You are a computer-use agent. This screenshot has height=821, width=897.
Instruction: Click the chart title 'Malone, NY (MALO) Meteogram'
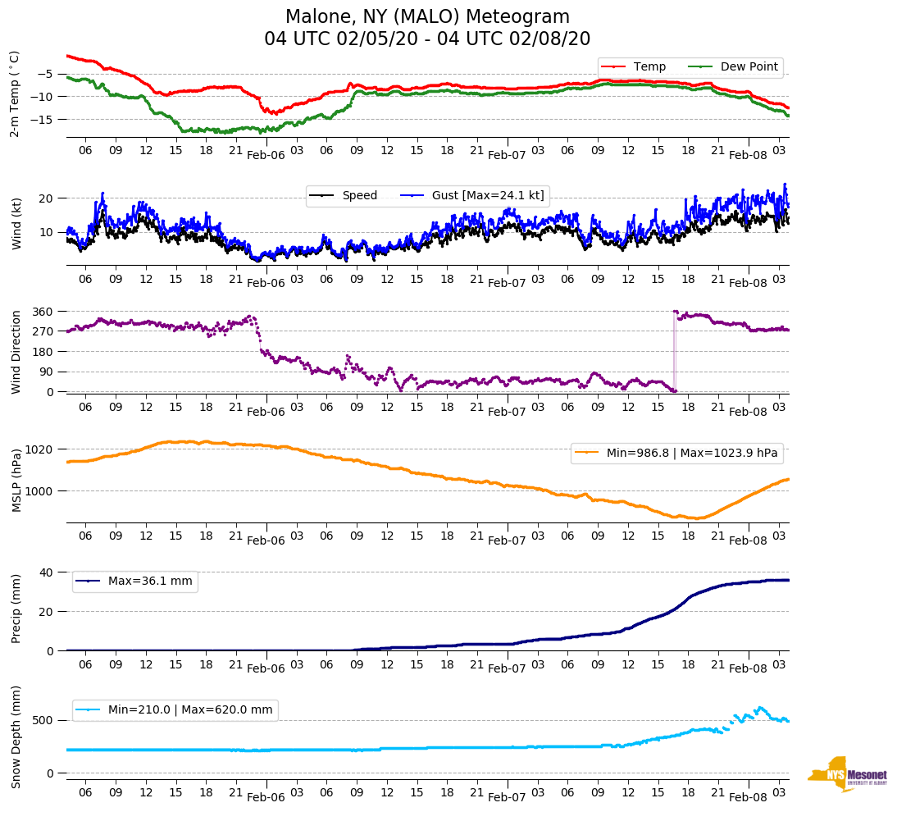point(427,17)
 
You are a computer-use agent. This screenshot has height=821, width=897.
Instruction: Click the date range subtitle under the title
point(427,39)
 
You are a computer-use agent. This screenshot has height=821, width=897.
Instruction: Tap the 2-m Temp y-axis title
point(14,94)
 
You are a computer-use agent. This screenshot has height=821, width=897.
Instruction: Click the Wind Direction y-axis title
point(16,351)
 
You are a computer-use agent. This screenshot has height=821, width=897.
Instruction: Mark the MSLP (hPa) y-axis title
point(16,481)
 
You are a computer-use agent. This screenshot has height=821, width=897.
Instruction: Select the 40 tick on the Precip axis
point(48,572)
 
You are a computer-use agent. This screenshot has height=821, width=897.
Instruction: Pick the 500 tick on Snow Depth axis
point(44,720)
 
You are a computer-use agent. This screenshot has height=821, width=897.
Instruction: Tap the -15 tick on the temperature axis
point(44,120)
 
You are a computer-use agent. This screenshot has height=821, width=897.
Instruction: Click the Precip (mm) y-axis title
point(16,608)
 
